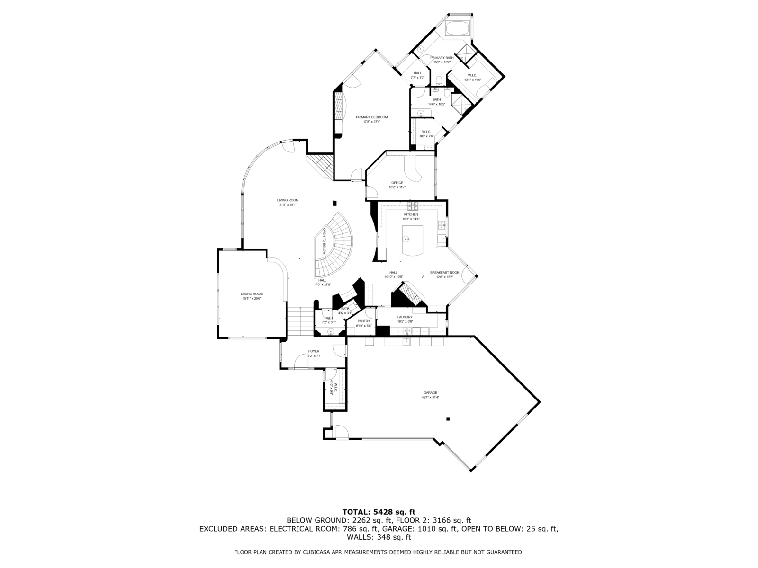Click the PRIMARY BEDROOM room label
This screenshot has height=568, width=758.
pyautogui.click(x=372, y=117)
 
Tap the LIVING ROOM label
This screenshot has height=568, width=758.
pyautogui.click(x=288, y=200)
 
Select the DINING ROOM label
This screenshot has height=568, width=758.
pyautogui.click(x=252, y=294)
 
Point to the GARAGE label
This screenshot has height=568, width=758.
pyautogui.click(x=430, y=393)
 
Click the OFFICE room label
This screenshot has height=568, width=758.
pyautogui.click(x=397, y=183)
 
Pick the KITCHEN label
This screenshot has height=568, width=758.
pyautogui.click(x=411, y=214)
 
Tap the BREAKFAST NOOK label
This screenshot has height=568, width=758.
pyautogui.click(x=444, y=273)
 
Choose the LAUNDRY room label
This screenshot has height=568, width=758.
pyautogui.click(x=405, y=317)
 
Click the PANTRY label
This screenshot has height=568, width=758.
pyautogui.click(x=364, y=321)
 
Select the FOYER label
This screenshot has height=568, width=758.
pyautogui.click(x=314, y=351)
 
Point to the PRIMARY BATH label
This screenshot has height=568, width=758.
pyautogui.click(x=442, y=58)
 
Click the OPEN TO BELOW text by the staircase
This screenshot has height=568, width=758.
pyautogui.click(x=325, y=241)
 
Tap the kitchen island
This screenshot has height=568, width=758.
pyautogui.click(x=412, y=240)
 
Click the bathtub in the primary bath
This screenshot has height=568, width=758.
pyautogui.click(x=458, y=28)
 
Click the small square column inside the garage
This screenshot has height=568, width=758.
pyautogui.click(x=448, y=419)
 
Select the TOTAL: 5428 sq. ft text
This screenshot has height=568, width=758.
pyautogui.click(x=379, y=512)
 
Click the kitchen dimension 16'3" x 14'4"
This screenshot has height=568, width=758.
pyautogui.click(x=411, y=219)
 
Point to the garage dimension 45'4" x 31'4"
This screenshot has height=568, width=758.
pyautogui.click(x=430, y=398)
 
